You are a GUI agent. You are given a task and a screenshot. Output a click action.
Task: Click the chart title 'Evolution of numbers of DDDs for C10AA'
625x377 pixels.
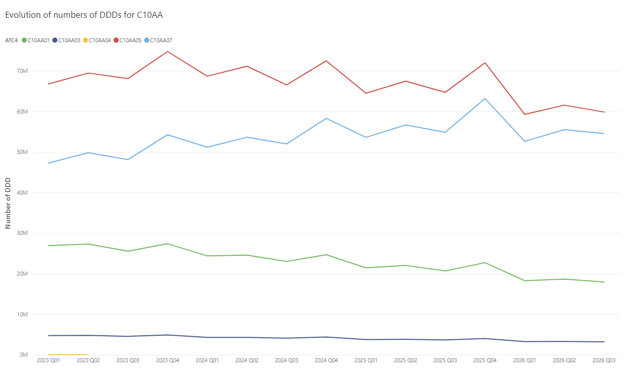click(84, 15)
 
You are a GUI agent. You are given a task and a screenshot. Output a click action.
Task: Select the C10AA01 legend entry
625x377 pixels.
click(36, 40)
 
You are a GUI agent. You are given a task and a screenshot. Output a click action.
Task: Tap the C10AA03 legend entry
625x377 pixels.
click(66, 40)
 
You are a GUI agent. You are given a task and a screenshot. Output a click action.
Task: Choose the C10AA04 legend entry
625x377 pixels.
click(97, 40)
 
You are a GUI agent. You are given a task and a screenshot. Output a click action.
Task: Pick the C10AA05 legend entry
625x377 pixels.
click(128, 40)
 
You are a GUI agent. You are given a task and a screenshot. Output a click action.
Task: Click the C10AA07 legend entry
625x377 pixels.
click(158, 40)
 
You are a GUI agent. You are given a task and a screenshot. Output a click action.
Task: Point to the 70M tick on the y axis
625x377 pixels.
click(22, 71)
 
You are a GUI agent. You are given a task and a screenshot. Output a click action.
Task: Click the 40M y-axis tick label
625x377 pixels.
click(22, 193)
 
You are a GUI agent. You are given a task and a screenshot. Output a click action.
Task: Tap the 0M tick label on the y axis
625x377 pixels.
click(23, 355)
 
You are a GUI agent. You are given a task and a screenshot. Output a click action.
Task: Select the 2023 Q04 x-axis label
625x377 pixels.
click(167, 360)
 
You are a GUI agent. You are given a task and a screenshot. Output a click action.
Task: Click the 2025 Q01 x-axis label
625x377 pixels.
click(366, 360)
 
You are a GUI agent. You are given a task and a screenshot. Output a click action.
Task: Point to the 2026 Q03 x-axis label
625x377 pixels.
click(604, 360)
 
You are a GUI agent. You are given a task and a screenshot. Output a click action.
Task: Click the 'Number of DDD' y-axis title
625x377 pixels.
click(8, 203)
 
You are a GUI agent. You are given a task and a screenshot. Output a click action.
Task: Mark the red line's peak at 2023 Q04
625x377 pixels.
click(167, 51)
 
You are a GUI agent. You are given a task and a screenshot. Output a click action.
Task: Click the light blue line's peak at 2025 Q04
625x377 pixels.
click(485, 98)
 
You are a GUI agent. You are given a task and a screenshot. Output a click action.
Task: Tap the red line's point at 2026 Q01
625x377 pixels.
click(524, 114)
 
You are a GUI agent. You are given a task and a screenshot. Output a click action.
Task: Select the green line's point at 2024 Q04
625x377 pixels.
click(326, 255)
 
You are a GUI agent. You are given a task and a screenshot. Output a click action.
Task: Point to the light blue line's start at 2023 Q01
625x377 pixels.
click(48, 163)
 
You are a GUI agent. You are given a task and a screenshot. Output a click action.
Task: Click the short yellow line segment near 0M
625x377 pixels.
click(68, 355)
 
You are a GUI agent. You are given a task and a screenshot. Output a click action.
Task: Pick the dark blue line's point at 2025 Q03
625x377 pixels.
click(445, 340)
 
